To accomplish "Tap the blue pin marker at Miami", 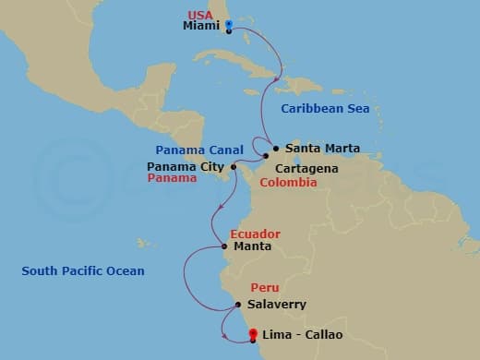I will [x=229, y=26].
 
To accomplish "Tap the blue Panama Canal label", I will [x=199, y=150].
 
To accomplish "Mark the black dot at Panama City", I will [x=234, y=167].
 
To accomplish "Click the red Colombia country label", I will [x=288, y=183].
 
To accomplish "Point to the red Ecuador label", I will [x=255, y=234].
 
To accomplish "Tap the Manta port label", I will [x=252, y=246].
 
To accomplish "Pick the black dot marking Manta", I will [x=224, y=246].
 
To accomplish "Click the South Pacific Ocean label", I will [x=83, y=270].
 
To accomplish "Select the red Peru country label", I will [x=264, y=288].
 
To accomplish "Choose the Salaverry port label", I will [x=277, y=304].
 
